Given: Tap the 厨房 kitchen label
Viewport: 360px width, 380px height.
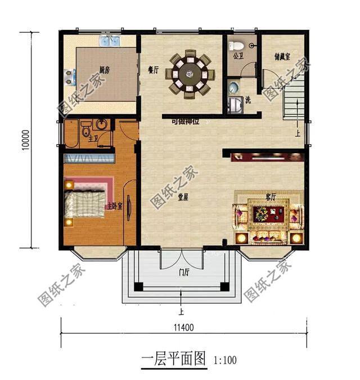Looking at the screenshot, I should click(104, 70).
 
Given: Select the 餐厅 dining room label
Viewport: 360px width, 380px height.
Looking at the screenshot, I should click(154, 70).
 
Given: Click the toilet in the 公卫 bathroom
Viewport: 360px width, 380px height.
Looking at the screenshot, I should click(237, 44).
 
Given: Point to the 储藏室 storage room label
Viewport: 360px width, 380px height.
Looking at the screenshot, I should click(282, 57).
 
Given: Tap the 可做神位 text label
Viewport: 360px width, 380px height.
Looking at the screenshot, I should click(185, 120).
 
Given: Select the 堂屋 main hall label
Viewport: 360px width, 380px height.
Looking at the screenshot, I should click(183, 198).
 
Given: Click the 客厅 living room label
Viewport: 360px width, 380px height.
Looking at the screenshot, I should click(271, 197).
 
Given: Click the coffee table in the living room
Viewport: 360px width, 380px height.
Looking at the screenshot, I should click(268, 214).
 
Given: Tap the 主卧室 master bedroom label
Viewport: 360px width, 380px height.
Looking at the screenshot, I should click(115, 206).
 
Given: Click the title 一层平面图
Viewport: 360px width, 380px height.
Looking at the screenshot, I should click(172, 359).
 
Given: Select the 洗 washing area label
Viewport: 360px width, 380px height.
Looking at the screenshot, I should click(247, 100).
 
